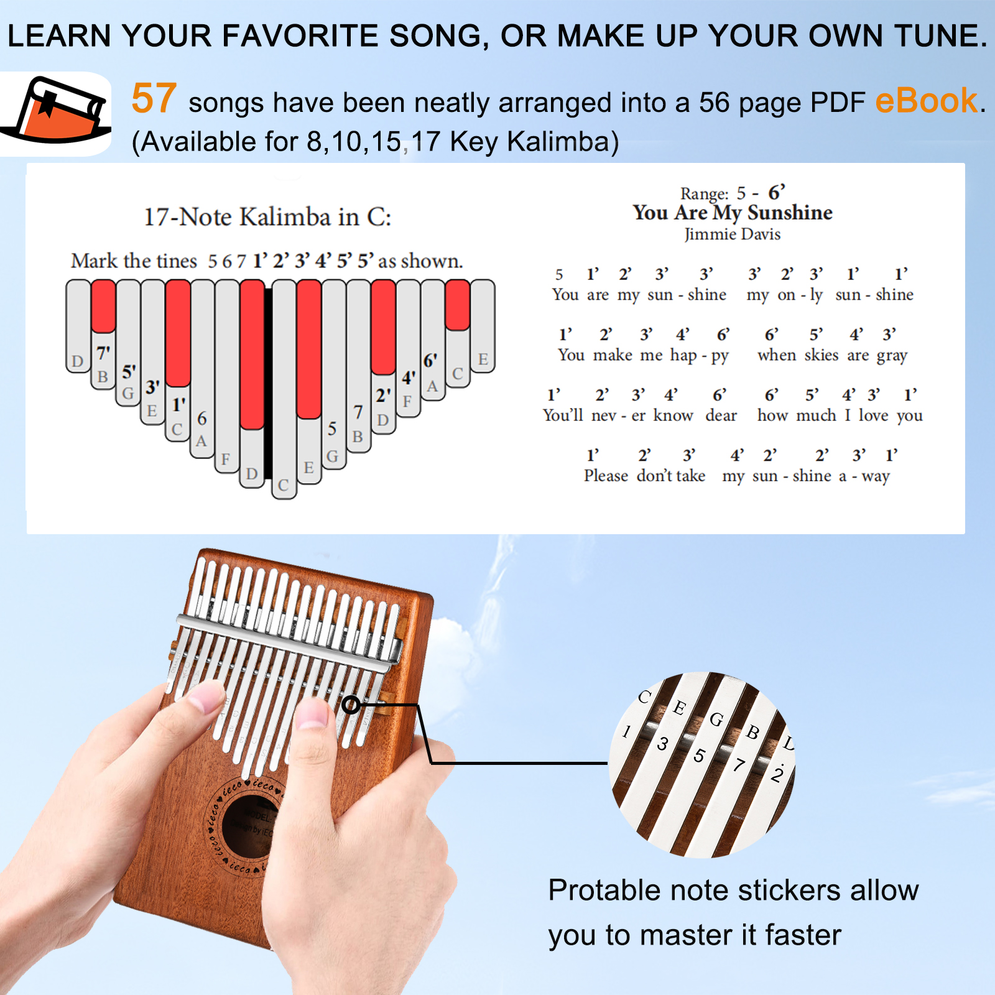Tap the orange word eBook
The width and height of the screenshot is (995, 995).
(926, 101)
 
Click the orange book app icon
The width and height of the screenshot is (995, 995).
(56, 112)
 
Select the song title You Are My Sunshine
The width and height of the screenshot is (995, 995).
(733, 213)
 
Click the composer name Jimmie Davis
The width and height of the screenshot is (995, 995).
(733, 234)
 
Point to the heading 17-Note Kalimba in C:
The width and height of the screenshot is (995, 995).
(267, 217)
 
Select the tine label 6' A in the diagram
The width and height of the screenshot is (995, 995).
(431, 373)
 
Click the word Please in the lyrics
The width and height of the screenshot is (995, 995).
(606, 476)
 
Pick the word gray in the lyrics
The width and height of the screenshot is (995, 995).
(892, 355)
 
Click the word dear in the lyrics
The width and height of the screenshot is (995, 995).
(721, 415)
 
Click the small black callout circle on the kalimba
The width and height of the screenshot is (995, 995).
(351, 705)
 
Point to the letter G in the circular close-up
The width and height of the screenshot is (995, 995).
(716, 720)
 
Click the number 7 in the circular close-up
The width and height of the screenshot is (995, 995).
(739, 764)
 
